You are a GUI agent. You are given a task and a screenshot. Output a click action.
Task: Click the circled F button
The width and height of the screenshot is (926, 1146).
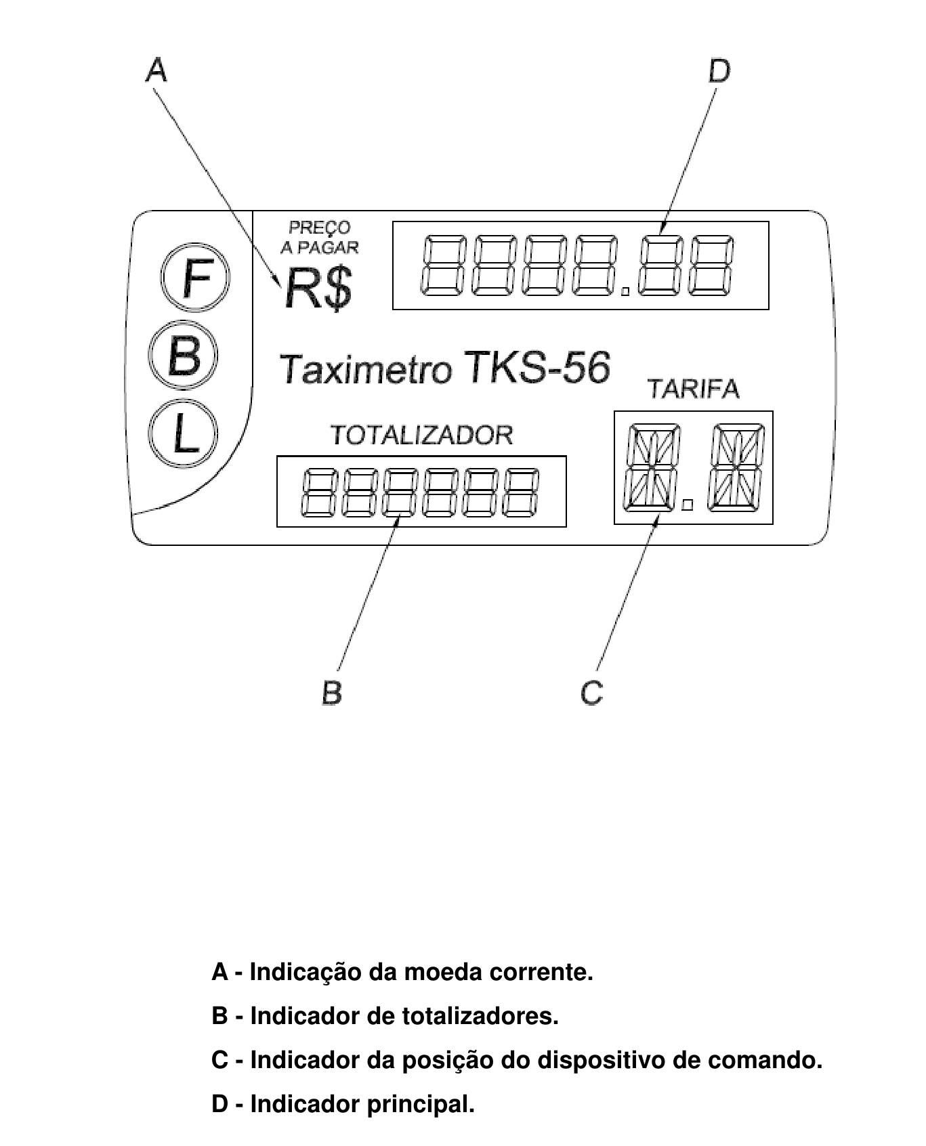coord(195,278)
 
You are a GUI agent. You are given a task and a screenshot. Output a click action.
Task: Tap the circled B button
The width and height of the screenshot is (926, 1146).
coord(183,356)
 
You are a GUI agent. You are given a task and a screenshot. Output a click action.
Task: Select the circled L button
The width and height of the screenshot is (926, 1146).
coord(183,433)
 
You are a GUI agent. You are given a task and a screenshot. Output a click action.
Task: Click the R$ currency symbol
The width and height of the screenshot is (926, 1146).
coord(318,289)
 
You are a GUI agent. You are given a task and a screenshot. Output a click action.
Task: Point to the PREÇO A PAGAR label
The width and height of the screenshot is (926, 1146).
coord(320,238)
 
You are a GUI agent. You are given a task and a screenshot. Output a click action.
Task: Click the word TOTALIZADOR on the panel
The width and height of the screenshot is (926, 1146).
coord(421,435)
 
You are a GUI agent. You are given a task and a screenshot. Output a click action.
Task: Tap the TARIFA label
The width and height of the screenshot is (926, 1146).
coord(693,389)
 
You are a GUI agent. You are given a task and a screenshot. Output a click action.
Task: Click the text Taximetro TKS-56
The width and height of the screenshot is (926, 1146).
coord(445,368)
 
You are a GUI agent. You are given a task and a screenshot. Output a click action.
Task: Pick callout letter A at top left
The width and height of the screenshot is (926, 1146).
coord(156,70)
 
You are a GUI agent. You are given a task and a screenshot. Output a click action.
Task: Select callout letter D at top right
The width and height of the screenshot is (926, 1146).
coord(719,70)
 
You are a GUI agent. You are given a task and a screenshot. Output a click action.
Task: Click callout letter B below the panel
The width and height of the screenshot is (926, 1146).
coord(332,692)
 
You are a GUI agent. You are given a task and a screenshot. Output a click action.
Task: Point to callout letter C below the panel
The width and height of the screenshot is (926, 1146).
coord(591,692)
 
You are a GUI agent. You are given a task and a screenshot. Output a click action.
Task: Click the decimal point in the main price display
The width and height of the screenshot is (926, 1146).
coord(625,292)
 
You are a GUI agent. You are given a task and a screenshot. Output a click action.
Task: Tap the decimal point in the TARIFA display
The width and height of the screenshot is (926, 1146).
coord(688,505)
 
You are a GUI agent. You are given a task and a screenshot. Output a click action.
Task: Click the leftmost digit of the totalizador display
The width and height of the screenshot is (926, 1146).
coord(316,491)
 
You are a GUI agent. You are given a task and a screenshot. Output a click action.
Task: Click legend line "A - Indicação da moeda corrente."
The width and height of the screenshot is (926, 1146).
coord(402,973)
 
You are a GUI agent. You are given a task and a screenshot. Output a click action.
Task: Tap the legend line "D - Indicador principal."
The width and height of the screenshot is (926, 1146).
coord(343,1104)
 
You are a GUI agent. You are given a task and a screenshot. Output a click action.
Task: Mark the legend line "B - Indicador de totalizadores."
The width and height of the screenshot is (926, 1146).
coord(385,1016)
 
